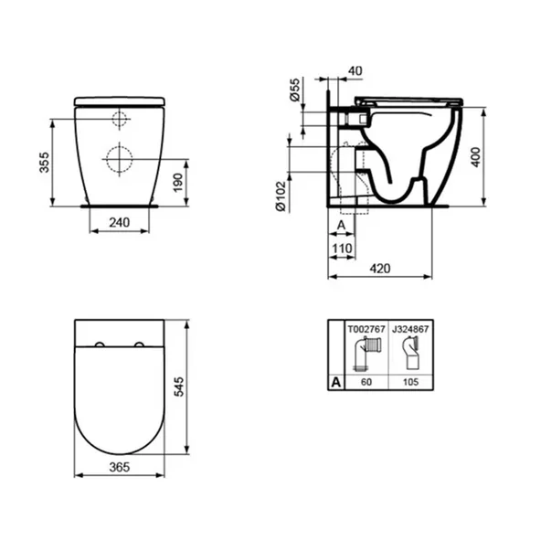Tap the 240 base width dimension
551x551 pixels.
[x=119, y=222]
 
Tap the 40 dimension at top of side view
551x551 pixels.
[x=355, y=70]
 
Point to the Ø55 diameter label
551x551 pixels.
[x=295, y=90]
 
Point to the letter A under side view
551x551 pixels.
[x=340, y=224]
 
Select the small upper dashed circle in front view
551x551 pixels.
[x=120, y=119]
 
